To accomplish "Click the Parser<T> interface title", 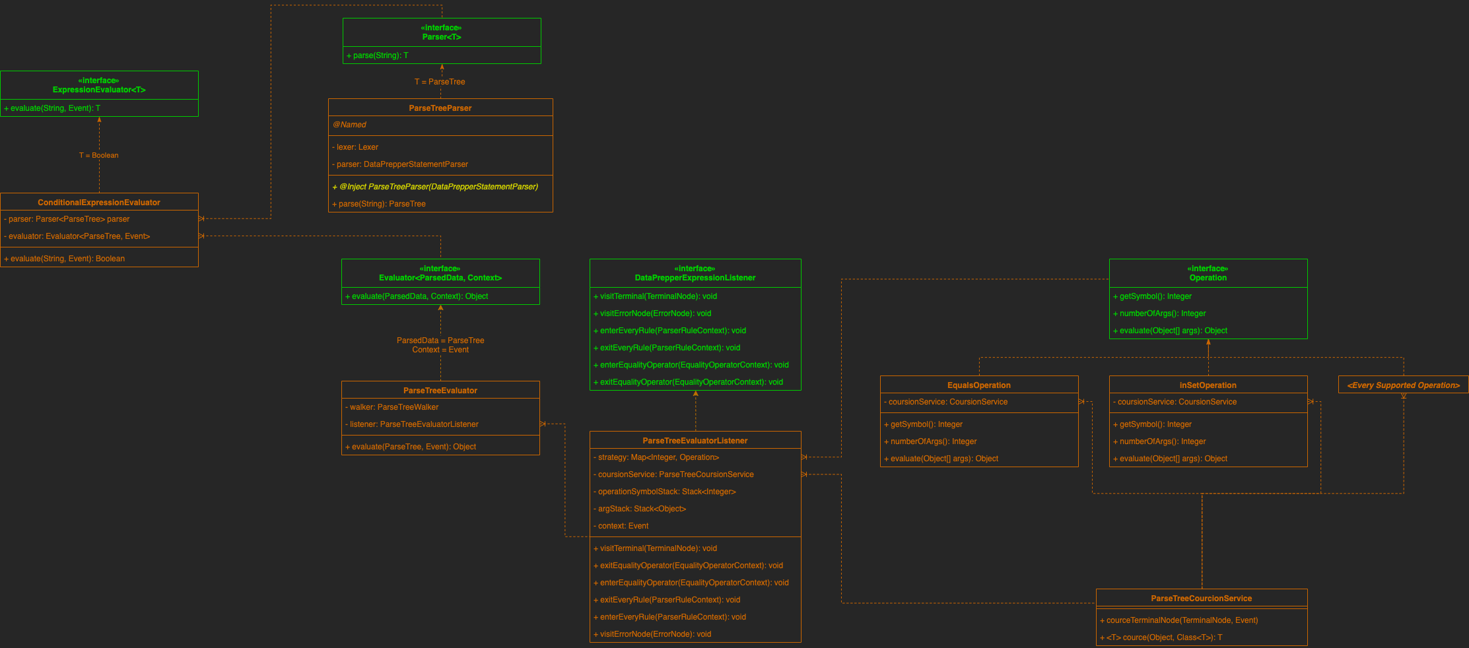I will pyautogui.click(x=442, y=37).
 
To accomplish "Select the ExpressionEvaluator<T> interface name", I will pyautogui.click(x=99, y=90).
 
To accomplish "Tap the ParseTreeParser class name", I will pyautogui.click(x=440, y=108).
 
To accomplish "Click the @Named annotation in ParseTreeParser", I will pyautogui.click(x=350, y=125).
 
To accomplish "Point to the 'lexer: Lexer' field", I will pyautogui.click(x=357, y=147).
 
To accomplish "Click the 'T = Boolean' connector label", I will pyautogui.click(x=99, y=156).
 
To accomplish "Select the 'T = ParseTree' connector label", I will pyautogui.click(x=440, y=82).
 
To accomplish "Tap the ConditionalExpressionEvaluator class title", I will pyautogui.click(x=99, y=203).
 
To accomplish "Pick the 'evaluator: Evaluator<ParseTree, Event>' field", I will pyautogui.click(x=79, y=236).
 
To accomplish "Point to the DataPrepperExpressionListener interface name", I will pyautogui.click(x=695, y=278).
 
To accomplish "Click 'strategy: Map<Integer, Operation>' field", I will pyautogui.click(x=658, y=457).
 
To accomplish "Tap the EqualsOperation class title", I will pyautogui.click(x=979, y=385).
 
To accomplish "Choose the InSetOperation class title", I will pyautogui.click(x=1208, y=385).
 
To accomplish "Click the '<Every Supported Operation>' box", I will pyautogui.click(x=1404, y=385).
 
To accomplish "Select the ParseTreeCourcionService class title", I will pyautogui.click(x=1202, y=599).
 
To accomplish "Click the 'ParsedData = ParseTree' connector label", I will pyautogui.click(x=440, y=340).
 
